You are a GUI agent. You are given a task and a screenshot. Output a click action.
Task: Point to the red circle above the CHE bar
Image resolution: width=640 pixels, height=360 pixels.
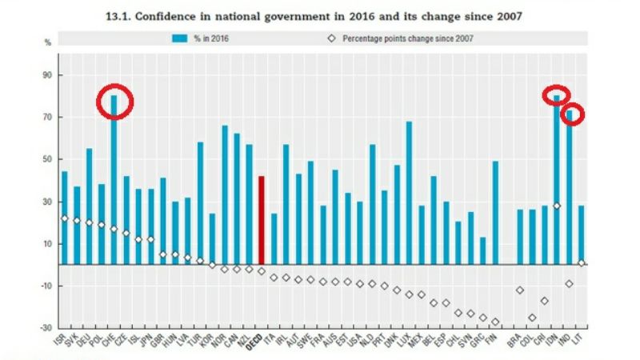[x=114, y=101]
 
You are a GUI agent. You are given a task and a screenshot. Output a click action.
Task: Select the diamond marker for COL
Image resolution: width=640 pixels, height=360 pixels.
[x=532, y=318]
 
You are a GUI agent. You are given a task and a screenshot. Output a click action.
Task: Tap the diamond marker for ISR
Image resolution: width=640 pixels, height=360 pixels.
[x=64, y=218]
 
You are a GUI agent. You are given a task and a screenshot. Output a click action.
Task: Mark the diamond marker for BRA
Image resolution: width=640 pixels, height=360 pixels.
[x=520, y=290]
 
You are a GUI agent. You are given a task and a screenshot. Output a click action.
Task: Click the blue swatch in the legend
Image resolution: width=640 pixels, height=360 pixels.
[x=179, y=38]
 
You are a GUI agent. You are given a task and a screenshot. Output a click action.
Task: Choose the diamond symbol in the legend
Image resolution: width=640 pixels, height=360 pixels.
[x=330, y=38]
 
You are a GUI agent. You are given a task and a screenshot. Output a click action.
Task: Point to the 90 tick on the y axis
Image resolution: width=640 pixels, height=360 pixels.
[x=46, y=75]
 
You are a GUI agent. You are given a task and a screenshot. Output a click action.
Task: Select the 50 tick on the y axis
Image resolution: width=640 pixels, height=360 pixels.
[x=46, y=159]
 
